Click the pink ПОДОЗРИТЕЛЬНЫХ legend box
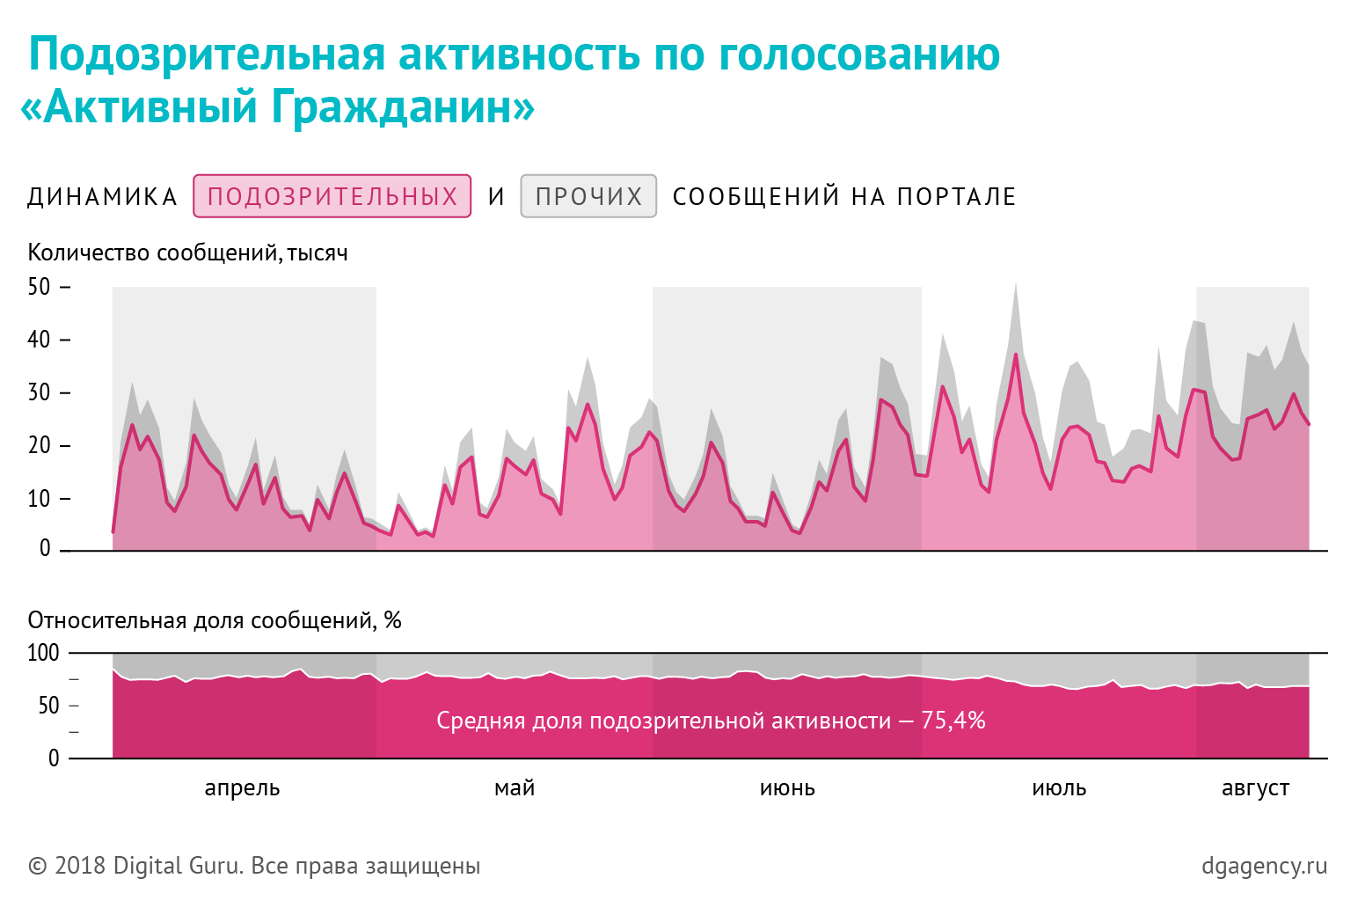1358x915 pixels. tap(332, 196)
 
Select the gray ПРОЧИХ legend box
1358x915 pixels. tap(588, 196)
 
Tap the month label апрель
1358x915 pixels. tap(242, 787)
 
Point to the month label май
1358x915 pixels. tap(515, 787)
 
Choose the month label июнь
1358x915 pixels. tap(787, 787)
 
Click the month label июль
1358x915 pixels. tap(1059, 787)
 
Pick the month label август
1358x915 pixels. tap(1255, 787)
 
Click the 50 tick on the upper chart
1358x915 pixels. tap(40, 287)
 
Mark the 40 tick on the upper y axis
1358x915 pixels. tap(40, 340)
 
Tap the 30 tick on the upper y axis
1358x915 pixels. tap(40, 392)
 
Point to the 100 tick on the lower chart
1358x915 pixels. tap(43, 653)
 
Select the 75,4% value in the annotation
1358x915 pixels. tap(953, 721)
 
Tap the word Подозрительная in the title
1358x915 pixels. tap(208, 55)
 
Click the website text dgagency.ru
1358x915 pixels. tap(1264, 866)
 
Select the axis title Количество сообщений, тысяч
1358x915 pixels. tap(187, 253)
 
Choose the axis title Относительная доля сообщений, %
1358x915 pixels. tap(215, 620)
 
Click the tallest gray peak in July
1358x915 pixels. tap(1016, 284)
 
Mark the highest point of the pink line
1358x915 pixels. tap(1016, 355)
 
